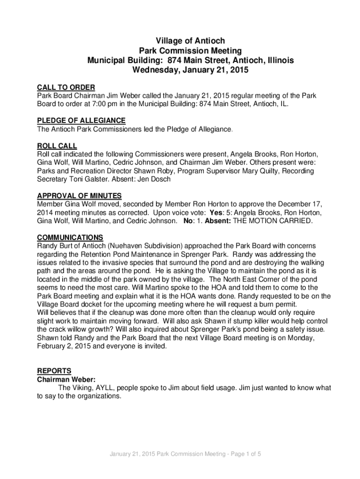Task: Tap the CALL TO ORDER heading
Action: tap(66, 87)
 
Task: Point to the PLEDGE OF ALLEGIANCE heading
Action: tap(81, 121)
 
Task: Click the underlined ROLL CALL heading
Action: tap(57, 146)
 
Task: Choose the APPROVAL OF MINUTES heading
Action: tap(79, 196)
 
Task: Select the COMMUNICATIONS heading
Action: tap(70, 238)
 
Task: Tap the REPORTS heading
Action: tap(54, 371)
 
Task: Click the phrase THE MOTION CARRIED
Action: tap(273, 221)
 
